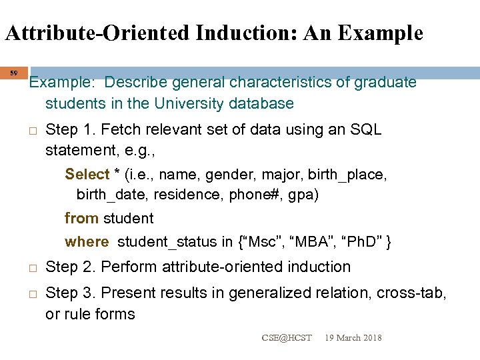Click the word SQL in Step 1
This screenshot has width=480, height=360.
click(367, 129)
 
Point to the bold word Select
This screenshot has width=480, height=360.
click(87, 174)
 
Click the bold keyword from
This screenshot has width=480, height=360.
click(81, 218)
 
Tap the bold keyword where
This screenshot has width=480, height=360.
click(86, 241)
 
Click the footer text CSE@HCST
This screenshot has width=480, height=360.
click(287, 338)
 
